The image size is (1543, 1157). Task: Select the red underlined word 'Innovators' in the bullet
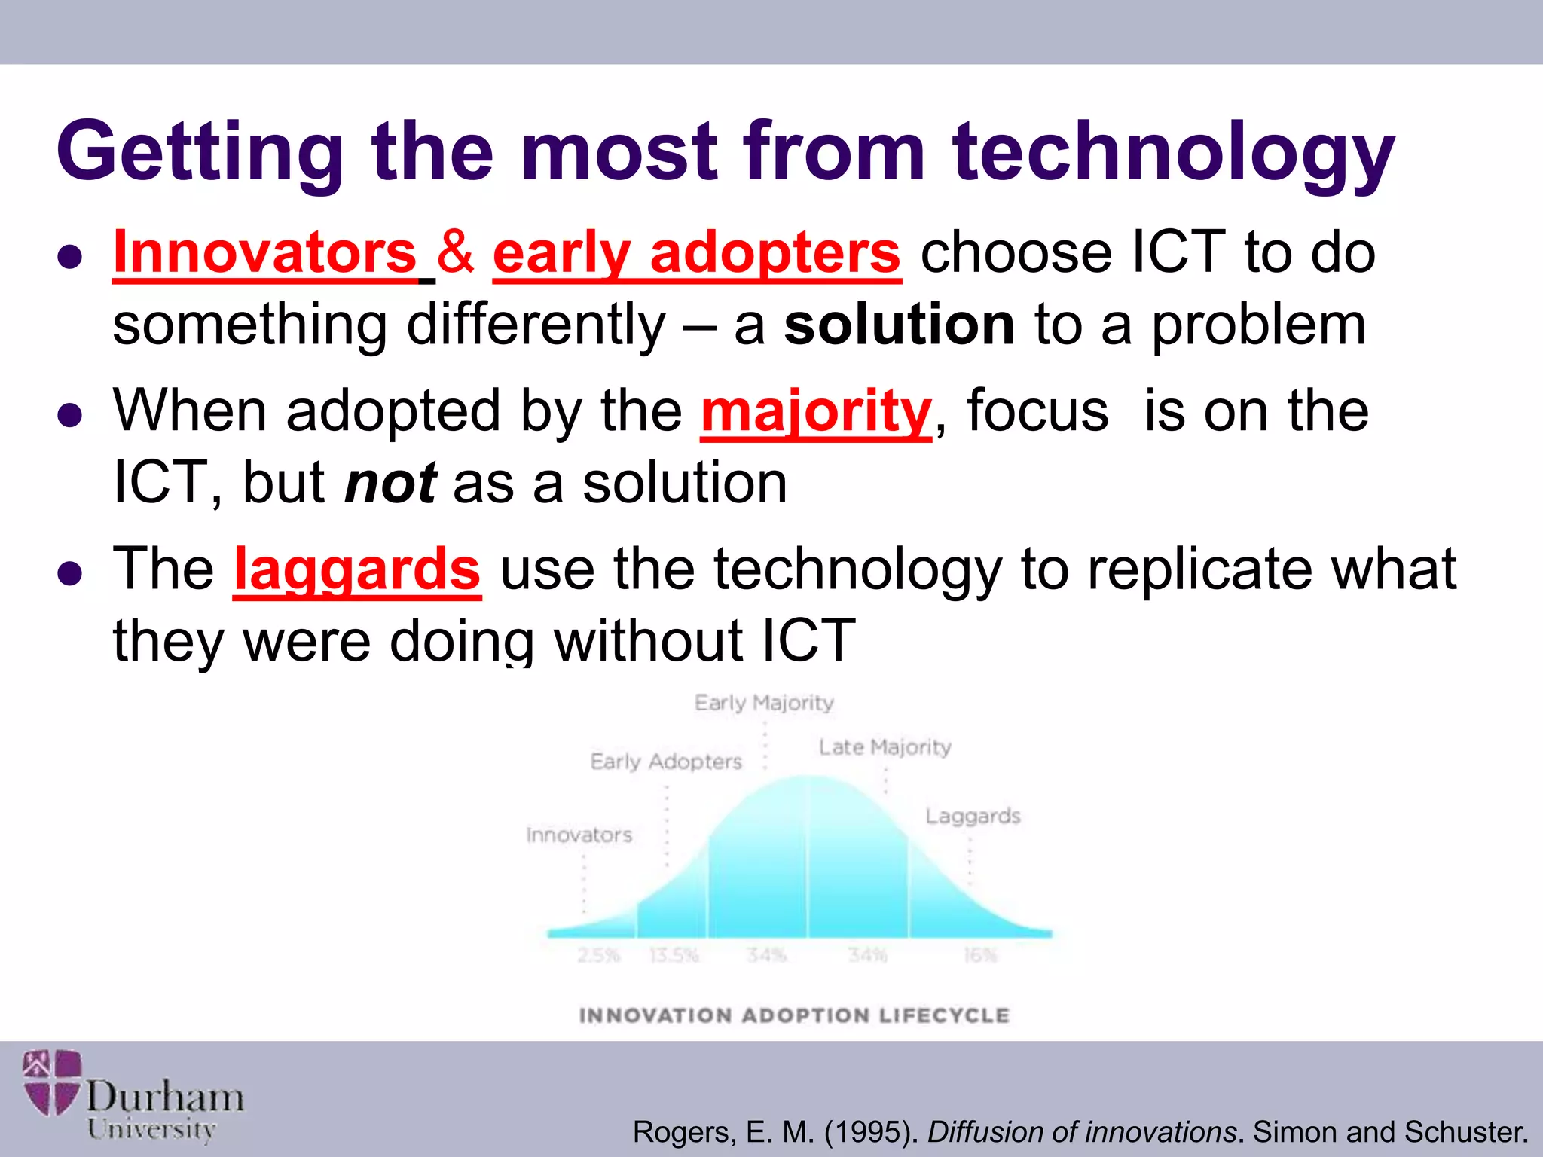265,254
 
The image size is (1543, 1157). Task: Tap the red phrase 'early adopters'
696,254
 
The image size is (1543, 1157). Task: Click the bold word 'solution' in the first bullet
899,325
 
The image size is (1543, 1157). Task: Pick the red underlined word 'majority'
816,412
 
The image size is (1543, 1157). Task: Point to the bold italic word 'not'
390,484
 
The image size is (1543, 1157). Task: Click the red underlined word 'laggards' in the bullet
356,570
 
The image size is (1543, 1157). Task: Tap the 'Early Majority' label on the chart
764,703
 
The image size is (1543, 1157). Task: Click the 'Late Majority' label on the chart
885,747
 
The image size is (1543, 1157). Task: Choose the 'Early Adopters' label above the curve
666,762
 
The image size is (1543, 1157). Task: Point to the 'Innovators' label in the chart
579,835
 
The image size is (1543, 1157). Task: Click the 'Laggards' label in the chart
973,817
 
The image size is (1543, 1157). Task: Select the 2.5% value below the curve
598,955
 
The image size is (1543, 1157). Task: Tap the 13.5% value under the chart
674,955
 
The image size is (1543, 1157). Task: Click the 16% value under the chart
980,955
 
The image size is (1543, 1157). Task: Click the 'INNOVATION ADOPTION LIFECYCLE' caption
794,1015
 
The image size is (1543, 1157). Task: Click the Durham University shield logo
51,1082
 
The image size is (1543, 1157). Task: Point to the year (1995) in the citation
871,1132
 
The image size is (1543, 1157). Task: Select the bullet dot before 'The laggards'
69,574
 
